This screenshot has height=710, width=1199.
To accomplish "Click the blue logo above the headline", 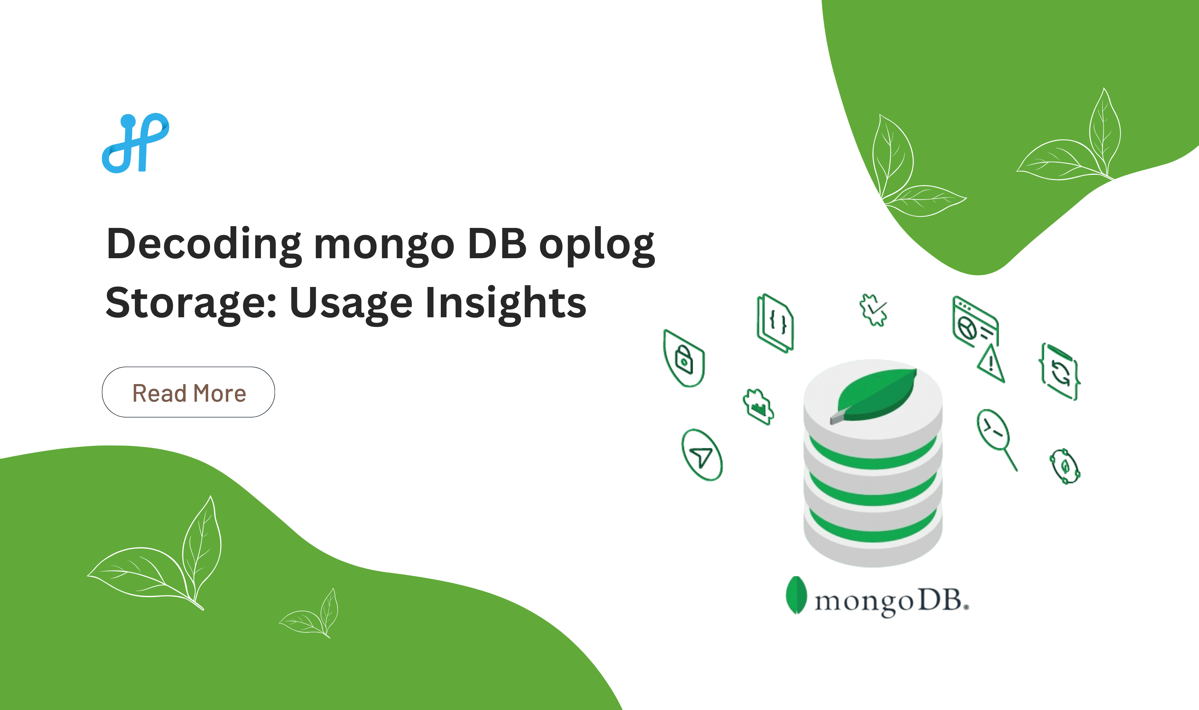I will tap(135, 143).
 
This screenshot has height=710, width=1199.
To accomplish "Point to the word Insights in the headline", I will tap(505, 303).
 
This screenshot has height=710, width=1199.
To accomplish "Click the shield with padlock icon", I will tap(684, 359).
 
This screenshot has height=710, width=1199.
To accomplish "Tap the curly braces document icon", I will tap(775, 323).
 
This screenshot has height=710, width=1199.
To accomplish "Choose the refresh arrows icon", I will tap(1060, 372).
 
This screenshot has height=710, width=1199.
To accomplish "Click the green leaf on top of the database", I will tap(877, 395).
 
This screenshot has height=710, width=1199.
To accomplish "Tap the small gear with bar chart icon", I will tap(759, 407).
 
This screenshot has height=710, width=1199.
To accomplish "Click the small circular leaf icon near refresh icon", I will tap(1064, 466).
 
